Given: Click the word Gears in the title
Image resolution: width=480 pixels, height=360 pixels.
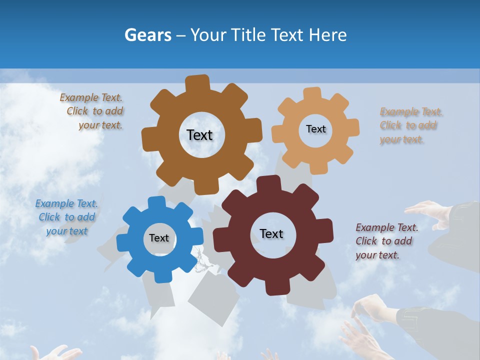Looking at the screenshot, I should click(148, 35).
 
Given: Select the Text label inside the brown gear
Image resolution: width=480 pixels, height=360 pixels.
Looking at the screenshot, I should click(199, 135).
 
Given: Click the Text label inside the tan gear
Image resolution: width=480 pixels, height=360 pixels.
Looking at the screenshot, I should click(315, 129).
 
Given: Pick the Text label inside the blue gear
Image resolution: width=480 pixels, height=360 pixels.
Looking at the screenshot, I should click(159, 238).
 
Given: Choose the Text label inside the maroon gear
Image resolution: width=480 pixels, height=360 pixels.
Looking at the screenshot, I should click(271, 233).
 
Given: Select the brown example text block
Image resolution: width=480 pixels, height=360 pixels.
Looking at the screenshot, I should click(92, 111).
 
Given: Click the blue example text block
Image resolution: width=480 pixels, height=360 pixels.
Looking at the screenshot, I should click(66, 217).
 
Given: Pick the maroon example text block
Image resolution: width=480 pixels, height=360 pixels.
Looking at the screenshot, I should click(386, 241).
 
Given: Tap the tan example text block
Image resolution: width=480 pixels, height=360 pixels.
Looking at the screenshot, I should click(411, 125).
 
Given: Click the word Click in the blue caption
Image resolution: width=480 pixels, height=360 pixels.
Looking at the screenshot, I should click(49, 217).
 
